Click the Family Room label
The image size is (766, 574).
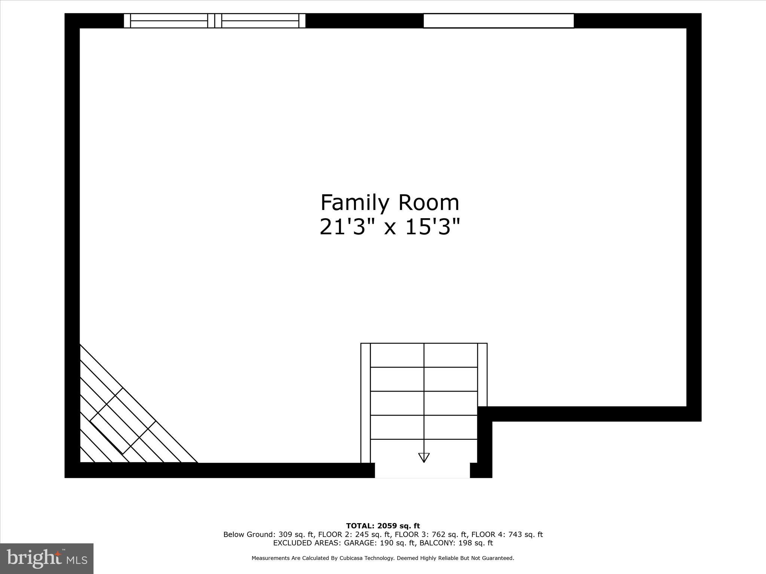click(x=390, y=203)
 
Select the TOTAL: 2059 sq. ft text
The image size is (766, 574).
click(x=383, y=526)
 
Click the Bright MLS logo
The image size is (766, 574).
click(x=47, y=559)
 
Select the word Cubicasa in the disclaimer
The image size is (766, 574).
click(x=353, y=558)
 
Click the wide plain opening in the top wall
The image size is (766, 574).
click(x=499, y=21)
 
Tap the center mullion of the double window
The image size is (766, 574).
click(x=215, y=21)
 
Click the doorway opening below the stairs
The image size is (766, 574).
click(x=422, y=470)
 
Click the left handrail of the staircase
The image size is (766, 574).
click(x=365, y=403)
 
